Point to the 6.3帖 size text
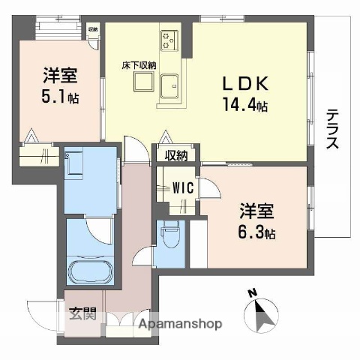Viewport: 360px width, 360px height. click(x=257, y=233)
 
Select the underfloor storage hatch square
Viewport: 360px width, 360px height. click(x=142, y=82)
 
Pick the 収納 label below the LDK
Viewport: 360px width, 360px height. click(x=176, y=155)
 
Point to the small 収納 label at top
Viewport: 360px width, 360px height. click(x=92, y=28)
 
